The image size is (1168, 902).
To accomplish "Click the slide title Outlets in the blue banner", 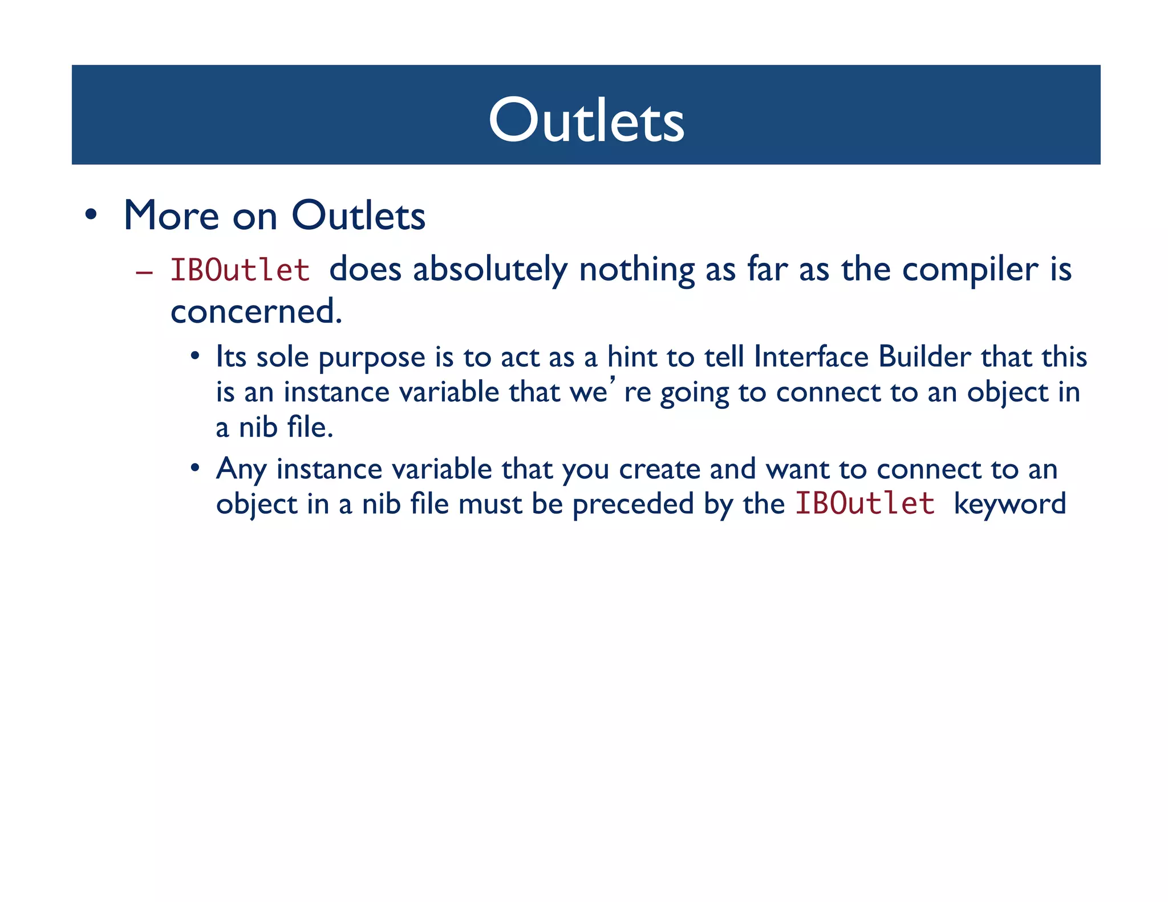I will click(586, 120).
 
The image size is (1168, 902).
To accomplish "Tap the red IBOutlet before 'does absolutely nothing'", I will click(240, 270).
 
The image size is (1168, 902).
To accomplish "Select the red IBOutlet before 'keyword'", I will click(865, 503).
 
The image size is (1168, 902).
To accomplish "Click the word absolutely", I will click(490, 270).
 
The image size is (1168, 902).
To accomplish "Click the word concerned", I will click(256, 312).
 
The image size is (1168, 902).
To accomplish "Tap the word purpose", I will click(372, 358).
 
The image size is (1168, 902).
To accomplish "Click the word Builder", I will click(924, 357).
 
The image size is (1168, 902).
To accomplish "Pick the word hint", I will click(631, 357).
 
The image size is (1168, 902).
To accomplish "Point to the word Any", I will click(241, 470).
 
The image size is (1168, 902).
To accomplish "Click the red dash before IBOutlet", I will click(144, 273).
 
